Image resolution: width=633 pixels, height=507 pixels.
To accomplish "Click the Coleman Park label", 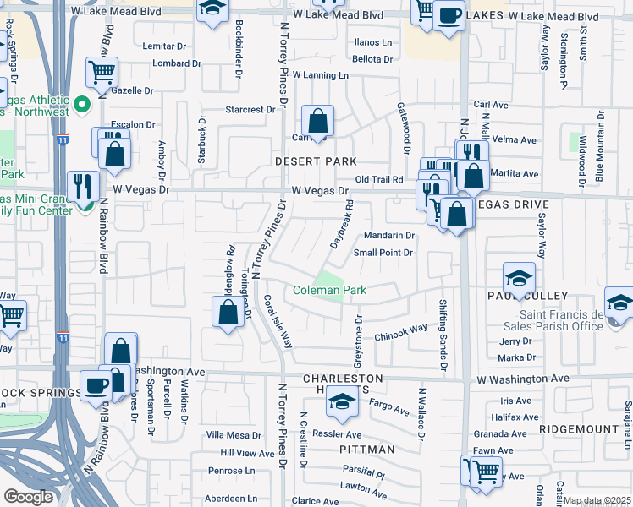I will [329, 290].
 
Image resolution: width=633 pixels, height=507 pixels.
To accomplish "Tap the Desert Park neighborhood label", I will [314, 161].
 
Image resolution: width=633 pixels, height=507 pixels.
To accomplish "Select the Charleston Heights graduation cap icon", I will [342, 404].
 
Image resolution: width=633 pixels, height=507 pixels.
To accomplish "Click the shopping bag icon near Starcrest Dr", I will [317, 122].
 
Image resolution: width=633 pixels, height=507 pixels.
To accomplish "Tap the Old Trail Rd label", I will [378, 179].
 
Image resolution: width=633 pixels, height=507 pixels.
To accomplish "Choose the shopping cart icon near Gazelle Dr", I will [102, 74].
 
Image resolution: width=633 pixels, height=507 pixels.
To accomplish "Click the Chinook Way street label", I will [401, 332].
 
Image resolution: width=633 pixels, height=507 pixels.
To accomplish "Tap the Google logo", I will [27, 497].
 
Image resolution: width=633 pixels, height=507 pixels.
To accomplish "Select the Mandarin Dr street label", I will [388, 236].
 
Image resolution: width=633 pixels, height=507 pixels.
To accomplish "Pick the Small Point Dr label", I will [383, 253].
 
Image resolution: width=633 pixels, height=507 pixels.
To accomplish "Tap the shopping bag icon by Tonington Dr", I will [228, 312].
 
